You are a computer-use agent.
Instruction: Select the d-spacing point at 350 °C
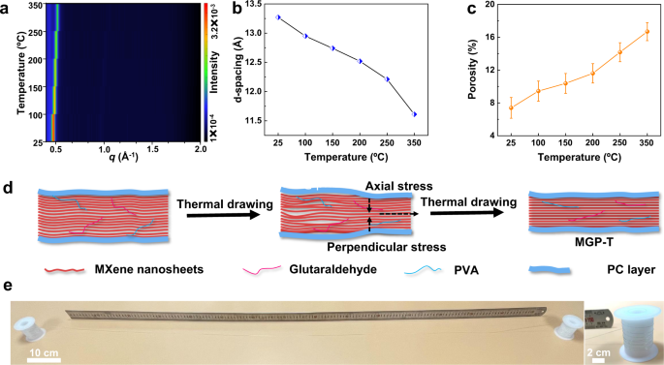pos(415,114)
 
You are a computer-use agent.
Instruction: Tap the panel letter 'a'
pos(6,8)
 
